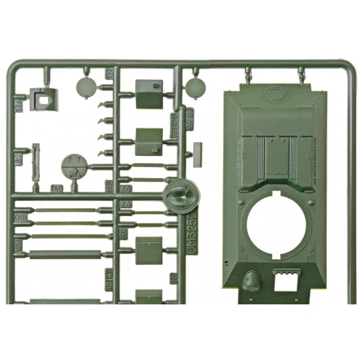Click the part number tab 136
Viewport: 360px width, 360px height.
[x=18, y=105]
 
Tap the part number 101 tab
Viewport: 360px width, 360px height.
[x=18, y=252]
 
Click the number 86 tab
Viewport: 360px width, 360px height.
[x=173, y=278]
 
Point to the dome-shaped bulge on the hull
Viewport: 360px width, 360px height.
[x=251, y=283]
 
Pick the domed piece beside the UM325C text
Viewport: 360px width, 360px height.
[x=178, y=194]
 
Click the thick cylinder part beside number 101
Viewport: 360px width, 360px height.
[x=65, y=253]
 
